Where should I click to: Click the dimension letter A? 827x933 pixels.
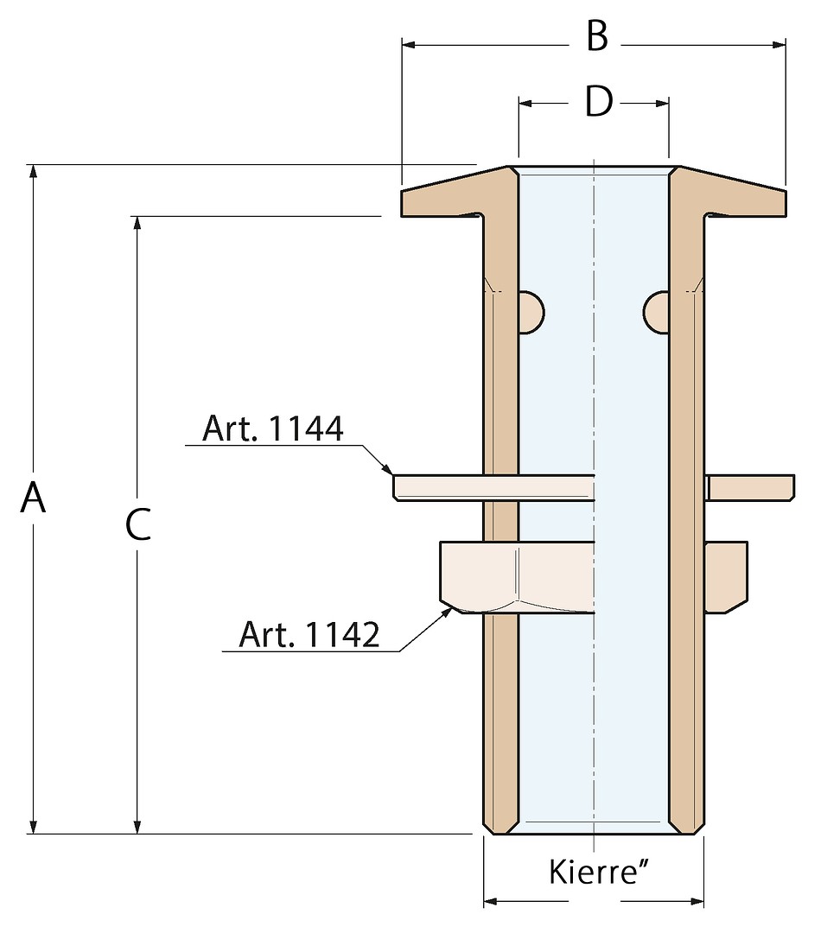click(x=34, y=498)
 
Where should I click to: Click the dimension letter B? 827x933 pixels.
click(x=597, y=38)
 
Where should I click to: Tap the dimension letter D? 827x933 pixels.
click(x=598, y=102)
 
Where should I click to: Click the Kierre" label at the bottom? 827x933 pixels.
click(x=599, y=872)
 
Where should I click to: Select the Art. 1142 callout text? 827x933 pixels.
click(x=309, y=635)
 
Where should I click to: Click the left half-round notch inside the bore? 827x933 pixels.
click(x=531, y=311)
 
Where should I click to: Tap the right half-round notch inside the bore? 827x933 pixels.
click(x=657, y=311)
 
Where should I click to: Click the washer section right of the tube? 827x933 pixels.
click(x=750, y=487)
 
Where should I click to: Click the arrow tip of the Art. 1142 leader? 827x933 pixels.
click(x=454, y=606)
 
